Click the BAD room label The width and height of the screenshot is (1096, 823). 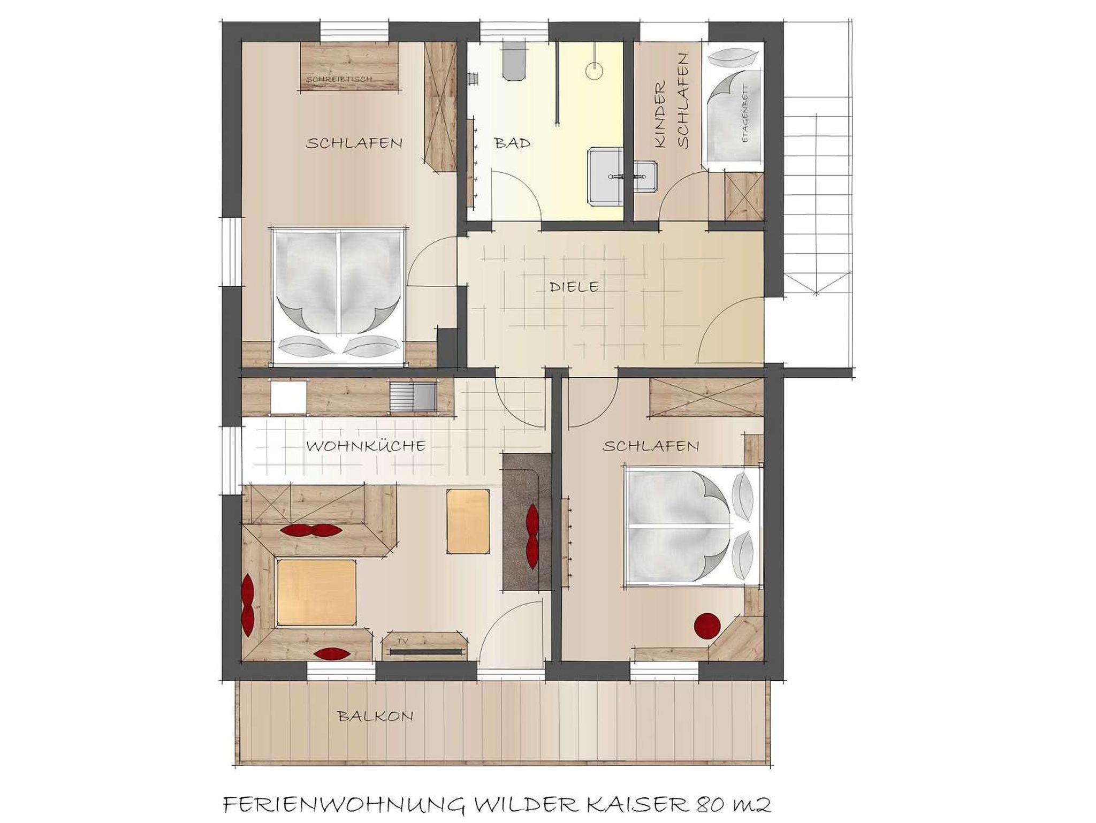[x=512, y=143]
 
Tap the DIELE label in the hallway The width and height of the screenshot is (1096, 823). [x=574, y=287]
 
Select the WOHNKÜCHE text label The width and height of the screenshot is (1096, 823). [x=366, y=445]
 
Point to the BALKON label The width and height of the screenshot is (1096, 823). [x=376, y=716]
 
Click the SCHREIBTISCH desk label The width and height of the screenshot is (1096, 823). [x=339, y=79]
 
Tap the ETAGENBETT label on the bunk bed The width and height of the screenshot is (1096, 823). [x=744, y=114]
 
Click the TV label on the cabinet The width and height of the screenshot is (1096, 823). [x=401, y=640]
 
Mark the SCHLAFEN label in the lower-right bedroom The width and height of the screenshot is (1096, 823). [x=651, y=446]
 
